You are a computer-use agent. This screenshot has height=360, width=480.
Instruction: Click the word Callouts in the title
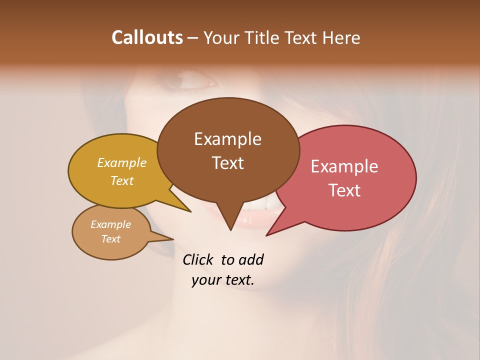click(147, 37)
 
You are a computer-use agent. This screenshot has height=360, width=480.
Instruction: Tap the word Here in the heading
click(342, 37)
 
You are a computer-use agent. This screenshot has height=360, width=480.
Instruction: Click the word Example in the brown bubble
click(227, 139)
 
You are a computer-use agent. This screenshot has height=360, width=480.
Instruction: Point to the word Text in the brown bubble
click(227, 163)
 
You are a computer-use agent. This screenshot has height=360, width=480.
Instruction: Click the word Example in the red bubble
click(344, 166)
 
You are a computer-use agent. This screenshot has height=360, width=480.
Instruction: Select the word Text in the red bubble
click(344, 190)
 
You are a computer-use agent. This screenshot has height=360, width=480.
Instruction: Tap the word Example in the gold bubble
click(121, 162)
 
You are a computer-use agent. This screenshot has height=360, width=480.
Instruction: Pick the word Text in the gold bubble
click(121, 180)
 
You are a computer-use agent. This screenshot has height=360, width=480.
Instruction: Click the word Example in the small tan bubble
click(110, 224)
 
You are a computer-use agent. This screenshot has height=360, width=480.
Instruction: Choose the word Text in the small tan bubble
click(110, 239)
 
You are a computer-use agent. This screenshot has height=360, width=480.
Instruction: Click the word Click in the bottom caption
click(198, 260)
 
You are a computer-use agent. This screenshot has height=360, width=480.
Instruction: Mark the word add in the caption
click(251, 260)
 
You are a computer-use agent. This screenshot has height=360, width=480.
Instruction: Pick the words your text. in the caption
click(222, 280)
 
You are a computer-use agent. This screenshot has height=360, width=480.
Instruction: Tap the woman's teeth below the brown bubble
click(260, 205)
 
